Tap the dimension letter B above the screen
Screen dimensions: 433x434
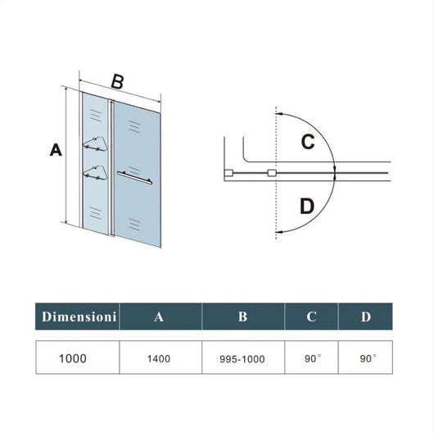tap(117, 81)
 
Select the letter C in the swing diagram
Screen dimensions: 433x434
tap(308, 141)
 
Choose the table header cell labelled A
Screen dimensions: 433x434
tap(160, 316)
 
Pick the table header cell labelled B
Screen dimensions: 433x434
tap(242, 316)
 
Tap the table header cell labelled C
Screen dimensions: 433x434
tap(311, 316)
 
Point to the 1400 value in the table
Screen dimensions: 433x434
tap(160, 358)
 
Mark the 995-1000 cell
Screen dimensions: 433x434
tap(242, 358)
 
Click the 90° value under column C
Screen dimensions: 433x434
tap(311, 358)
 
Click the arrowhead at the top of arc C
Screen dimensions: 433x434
tap(282, 114)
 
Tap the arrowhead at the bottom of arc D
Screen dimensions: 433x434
tap(282, 233)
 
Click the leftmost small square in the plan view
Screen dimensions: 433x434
tap(230, 173)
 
